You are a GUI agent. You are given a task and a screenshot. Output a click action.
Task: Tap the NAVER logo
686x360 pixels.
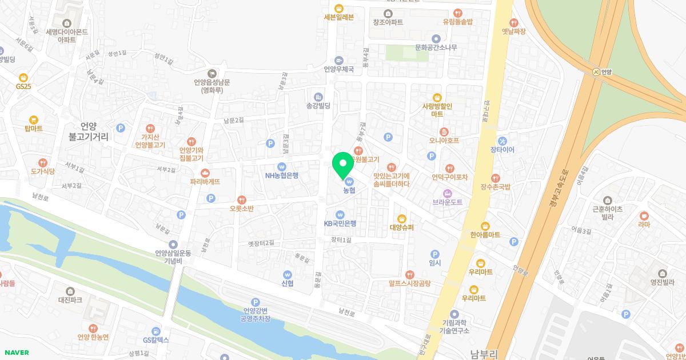[x=16, y=353]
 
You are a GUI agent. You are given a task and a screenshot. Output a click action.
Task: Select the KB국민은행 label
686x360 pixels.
[x=340, y=223]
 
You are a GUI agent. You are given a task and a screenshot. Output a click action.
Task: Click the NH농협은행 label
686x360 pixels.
[x=282, y=175]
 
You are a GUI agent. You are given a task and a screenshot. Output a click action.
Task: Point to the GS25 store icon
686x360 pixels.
[x=23, y=77]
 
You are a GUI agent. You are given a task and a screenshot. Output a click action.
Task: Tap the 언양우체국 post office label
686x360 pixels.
[x=339, y=70]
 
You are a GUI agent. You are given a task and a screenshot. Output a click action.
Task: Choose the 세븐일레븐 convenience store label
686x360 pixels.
[x=339, y=17]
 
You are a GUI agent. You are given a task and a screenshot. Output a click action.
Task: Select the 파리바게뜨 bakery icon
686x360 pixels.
[x=205, y=173]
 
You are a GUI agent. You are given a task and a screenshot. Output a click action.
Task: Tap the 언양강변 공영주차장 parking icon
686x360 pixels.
[x=255, y=302]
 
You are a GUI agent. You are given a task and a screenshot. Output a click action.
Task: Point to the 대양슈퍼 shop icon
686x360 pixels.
[x=401, y=218]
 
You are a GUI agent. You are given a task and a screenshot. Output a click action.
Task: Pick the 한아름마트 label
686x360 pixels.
[x=485, y=235]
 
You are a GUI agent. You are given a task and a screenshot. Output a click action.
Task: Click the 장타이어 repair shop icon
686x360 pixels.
[x=502, y=141]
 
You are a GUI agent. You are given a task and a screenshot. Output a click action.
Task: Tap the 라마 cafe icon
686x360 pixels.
[x=644, y=215]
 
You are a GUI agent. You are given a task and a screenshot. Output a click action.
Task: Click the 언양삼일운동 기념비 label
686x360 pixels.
[x=173, y=257]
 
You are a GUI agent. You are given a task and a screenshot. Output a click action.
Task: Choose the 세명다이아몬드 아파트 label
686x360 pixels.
[x=67, y=32]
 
